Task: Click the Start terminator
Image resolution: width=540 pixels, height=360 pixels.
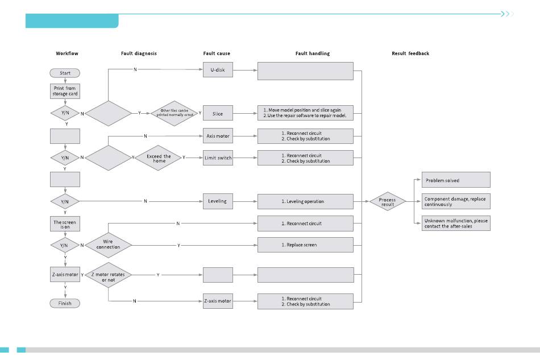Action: point(65,73)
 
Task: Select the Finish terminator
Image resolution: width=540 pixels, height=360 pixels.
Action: point(65,303)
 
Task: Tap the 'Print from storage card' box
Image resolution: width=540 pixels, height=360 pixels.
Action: point(65,91)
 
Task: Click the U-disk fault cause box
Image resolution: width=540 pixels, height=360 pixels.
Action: point(218,69)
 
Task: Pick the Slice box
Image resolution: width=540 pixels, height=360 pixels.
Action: point(218,113)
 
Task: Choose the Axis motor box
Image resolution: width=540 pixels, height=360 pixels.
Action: point(218,136)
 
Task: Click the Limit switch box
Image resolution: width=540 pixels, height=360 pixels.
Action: point(218,158)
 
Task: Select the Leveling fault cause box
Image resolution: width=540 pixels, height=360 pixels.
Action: point(218,201)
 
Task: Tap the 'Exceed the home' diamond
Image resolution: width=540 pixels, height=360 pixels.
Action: point(159,158)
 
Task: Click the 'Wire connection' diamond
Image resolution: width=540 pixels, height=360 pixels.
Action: point(108,245)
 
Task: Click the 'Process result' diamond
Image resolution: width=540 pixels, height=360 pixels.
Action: point(388,201)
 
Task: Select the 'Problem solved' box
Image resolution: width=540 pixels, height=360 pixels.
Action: point(456,180)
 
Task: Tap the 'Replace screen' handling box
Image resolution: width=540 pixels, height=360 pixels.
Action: point(305,245)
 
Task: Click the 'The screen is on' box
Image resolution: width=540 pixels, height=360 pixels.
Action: point(65,224)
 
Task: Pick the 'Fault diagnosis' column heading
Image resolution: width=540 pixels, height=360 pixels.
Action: point(139,53)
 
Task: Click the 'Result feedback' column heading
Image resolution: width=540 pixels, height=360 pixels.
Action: point(410,53)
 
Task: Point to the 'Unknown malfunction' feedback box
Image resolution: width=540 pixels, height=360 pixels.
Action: point(456,224)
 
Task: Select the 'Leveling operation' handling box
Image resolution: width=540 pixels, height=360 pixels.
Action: point(305,201)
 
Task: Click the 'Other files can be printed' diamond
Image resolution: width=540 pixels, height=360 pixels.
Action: point(175,113)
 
